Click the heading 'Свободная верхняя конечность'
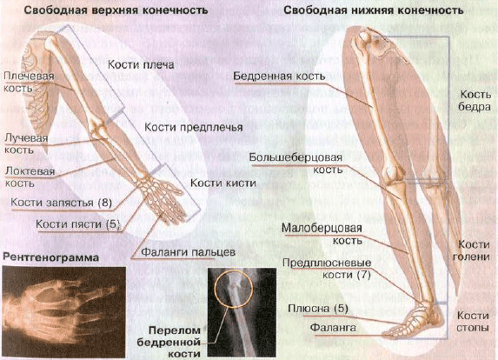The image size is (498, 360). (116, 10)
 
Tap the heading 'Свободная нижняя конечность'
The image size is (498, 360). (373, 10)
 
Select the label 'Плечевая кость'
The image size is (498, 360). (29, 82)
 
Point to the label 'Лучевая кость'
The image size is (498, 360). (26, 143)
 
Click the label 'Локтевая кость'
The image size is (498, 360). (30, 177)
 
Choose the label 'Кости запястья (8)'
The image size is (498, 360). (62, 203)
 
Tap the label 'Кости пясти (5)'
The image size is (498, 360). (77, 224)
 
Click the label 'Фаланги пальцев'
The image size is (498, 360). (188, 252)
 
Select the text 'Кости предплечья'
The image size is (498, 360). (194, 128)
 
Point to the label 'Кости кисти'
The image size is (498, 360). (223, 183)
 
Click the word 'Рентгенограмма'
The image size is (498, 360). (50, 257)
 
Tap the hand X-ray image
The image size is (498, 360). (63, 312)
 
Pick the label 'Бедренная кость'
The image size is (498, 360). (279, 77)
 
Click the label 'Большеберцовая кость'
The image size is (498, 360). (295, 163)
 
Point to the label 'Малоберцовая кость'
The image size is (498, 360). (322, 234)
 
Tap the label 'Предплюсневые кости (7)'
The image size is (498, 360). (327, 269)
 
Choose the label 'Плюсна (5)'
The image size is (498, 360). (318, 309)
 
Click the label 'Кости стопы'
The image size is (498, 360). (473, 321)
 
